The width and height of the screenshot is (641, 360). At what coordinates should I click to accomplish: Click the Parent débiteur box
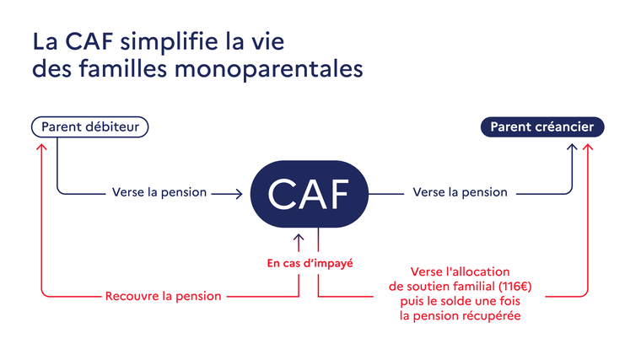90,126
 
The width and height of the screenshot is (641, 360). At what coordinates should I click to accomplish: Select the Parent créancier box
542,126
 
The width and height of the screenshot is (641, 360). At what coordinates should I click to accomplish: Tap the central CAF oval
309,194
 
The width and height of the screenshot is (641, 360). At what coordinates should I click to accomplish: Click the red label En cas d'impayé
310,263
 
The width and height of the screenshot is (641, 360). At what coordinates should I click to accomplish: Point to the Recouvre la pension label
163,296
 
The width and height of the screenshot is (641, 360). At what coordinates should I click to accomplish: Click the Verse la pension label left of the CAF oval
159,192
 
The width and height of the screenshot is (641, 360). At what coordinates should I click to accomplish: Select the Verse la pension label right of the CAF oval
460,192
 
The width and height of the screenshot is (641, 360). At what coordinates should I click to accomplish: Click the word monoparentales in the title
268,68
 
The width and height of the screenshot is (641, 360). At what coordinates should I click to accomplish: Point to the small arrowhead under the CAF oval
299,238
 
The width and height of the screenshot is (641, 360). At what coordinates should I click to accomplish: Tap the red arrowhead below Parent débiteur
41,147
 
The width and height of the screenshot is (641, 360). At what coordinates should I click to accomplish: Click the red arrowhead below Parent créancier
588,147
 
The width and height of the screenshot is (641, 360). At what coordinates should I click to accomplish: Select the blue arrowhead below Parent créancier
572,147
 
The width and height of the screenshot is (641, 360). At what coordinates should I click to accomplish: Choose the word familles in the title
123,68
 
